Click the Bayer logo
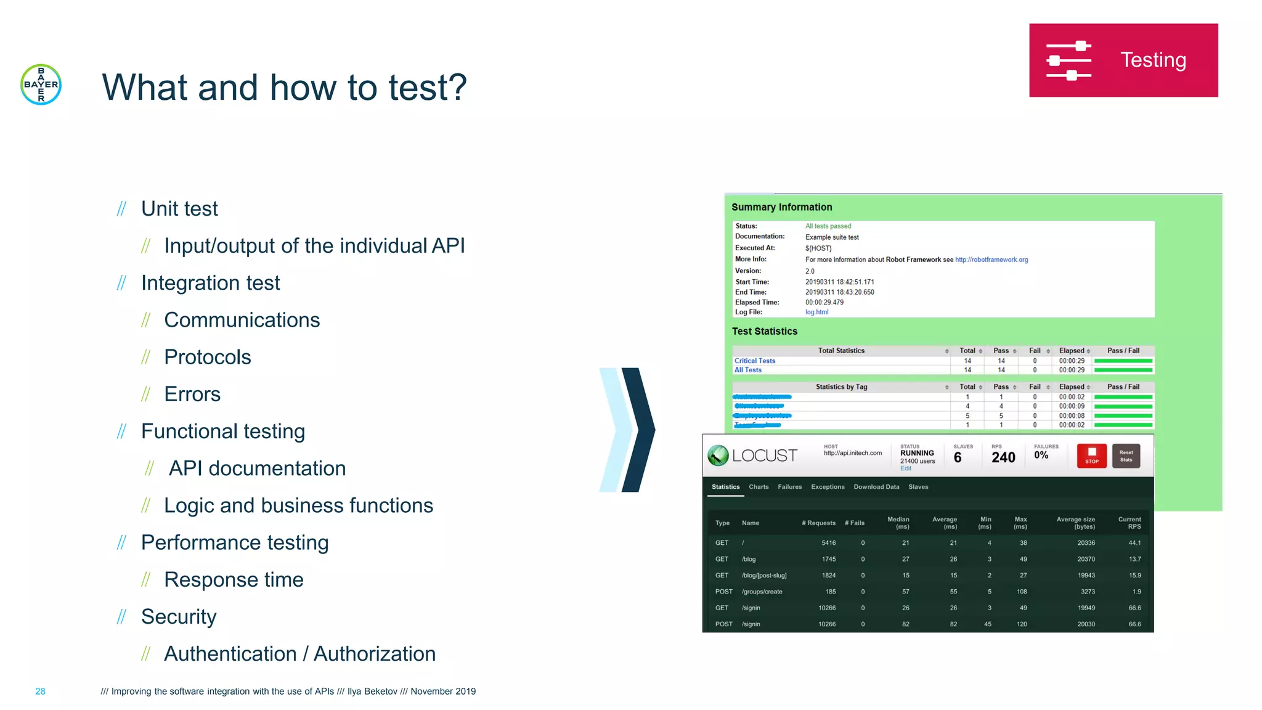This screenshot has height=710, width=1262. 41,84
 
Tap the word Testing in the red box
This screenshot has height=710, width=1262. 1152,60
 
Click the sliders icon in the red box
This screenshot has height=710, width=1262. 1069,60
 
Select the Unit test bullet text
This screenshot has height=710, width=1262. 179,209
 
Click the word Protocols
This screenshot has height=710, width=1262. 207,357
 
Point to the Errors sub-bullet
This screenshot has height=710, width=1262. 192,394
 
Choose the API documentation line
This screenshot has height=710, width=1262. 257,468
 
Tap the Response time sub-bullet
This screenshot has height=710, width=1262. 234,580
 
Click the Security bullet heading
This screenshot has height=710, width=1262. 179,617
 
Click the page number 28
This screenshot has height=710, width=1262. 40,692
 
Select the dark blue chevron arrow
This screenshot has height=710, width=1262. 639,430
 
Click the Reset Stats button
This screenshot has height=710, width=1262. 1126,456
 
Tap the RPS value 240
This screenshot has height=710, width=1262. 1003,457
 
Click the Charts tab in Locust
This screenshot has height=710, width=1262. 759,487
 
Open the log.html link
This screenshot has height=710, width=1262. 816,312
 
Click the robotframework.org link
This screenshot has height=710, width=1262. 991,260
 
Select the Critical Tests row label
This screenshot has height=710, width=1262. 755,361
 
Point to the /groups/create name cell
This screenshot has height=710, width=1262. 762,592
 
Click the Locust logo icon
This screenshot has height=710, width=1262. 718,455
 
